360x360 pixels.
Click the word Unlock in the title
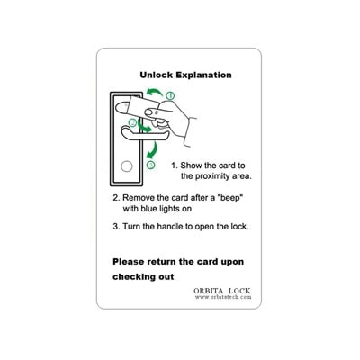[157, 75]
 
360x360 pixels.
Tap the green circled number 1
[170, 96]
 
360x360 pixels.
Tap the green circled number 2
[132, 122]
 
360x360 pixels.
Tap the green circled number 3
[151, 165]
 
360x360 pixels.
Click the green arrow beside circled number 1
[154, 92]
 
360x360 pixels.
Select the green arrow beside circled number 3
[152, 150]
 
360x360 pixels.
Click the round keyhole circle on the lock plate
[127, 166]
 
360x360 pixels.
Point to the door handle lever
[144, 134]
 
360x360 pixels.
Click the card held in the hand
[141, 106]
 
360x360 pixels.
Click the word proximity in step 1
[212, 176]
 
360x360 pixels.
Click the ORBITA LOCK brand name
[222, 291]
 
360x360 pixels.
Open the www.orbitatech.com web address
[223, 297]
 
